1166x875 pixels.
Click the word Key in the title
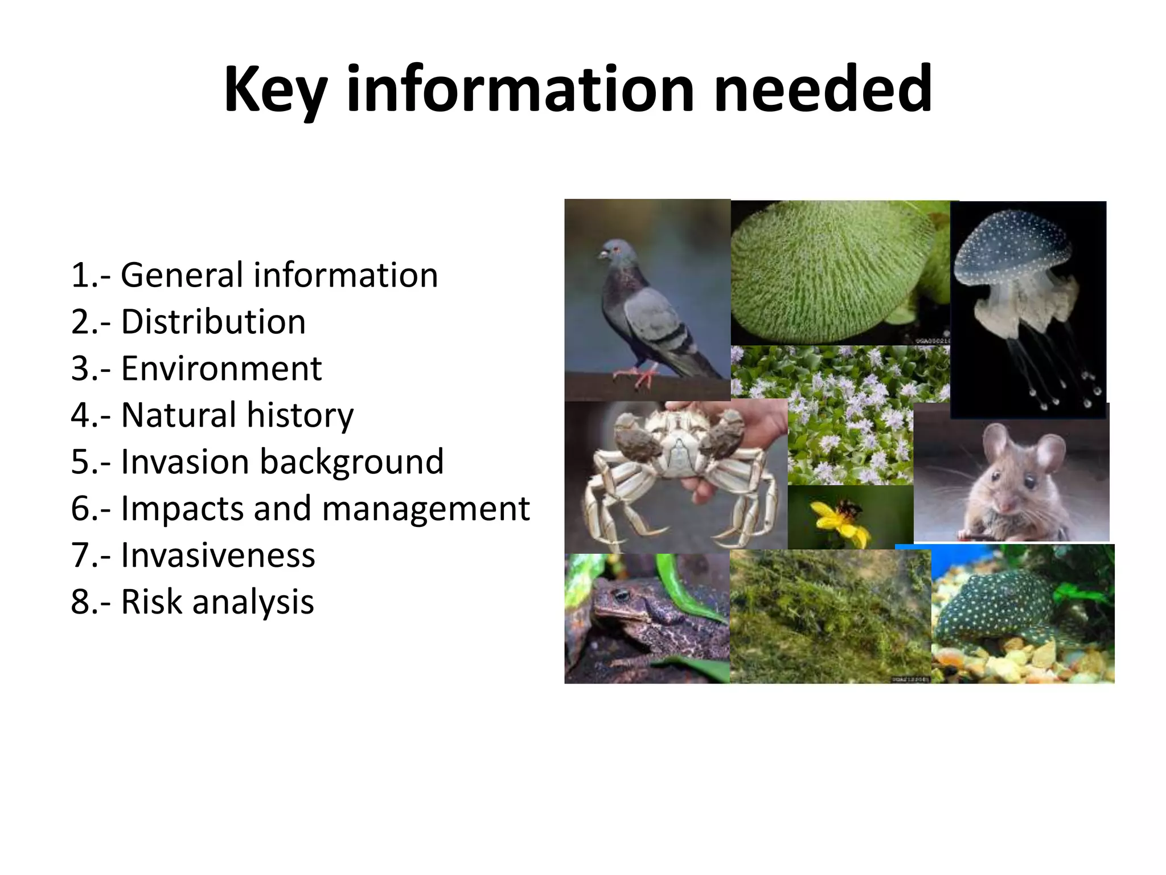[275, 90]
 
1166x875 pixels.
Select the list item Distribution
[214, 322]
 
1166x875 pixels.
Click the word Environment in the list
[221, 369]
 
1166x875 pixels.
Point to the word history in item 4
[300, 415]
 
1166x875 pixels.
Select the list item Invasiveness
[217, 555]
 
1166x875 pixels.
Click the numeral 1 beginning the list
[79, 276]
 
